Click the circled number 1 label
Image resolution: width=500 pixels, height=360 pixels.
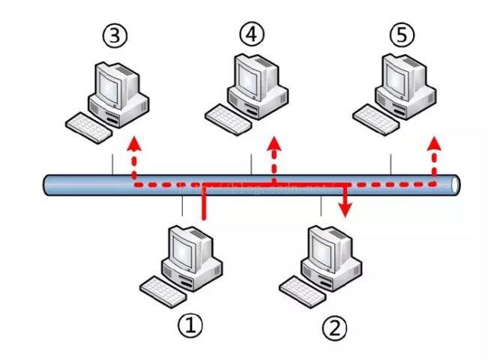(x=190, y=325)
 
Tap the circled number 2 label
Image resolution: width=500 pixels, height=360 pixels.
(x=334, y=327)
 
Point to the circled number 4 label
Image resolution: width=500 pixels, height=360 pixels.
(x=253, y=33)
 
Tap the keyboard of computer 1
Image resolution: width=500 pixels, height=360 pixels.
(x=160, y=288)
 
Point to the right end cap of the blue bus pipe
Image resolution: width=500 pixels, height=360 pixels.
(x=457, y=185)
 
